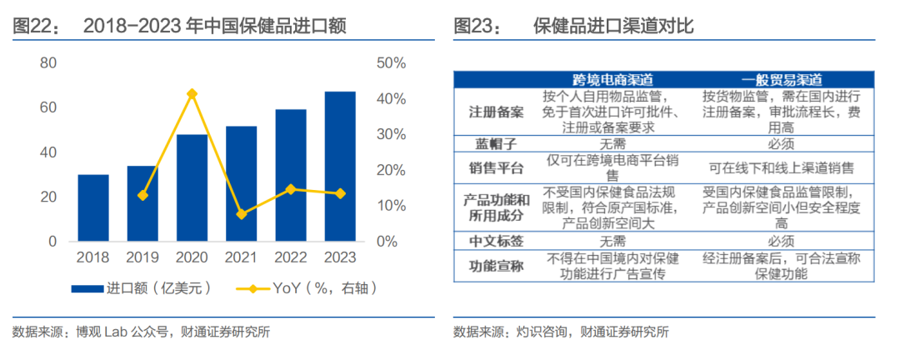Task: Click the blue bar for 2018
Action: [93, 207]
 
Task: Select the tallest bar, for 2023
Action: [339, 166]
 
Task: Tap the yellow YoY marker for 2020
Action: [192, 93]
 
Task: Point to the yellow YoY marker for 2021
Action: [241, 214]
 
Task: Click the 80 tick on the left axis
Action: [48, 63]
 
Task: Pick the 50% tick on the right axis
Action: [391, 63]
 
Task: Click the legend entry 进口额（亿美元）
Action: [141, 289]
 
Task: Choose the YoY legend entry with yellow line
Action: [307, 289]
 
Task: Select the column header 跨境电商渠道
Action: [612, 79]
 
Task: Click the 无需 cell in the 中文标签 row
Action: [612, 241]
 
